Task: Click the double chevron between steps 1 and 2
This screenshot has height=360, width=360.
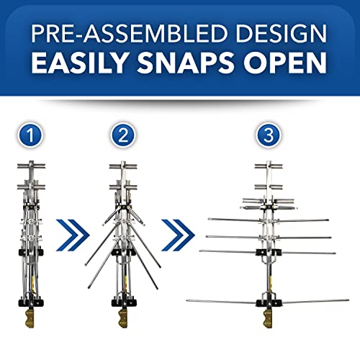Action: pyautogui.click(x=73, y=234)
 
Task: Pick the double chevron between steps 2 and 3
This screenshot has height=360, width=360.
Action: pyautogui.click(x=176, y=234)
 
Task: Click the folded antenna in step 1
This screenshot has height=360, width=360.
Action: pyautogui.click(x=28, y=238)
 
